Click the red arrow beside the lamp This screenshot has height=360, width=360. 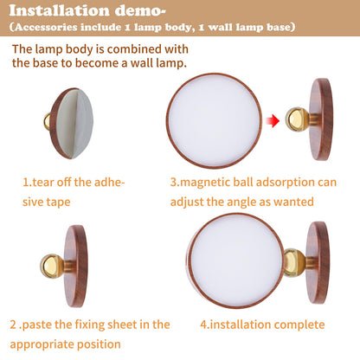pos(273,120)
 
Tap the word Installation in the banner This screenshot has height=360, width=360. pos(59,11)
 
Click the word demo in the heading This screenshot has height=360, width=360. pos(140,11)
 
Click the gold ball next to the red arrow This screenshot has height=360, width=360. pos(297,119)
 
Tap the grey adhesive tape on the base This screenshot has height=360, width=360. pos(74,124)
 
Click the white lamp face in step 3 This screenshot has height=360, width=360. pos(214,120)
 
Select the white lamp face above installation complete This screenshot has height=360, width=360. pos(236,260)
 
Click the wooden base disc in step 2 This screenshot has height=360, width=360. pos(75,266)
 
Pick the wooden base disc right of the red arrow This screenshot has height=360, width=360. pos(321,119)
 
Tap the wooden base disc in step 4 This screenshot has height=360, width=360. pos(318,262)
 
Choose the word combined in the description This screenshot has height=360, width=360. pos(134,49)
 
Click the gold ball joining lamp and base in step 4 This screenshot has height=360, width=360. pos(294,262)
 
